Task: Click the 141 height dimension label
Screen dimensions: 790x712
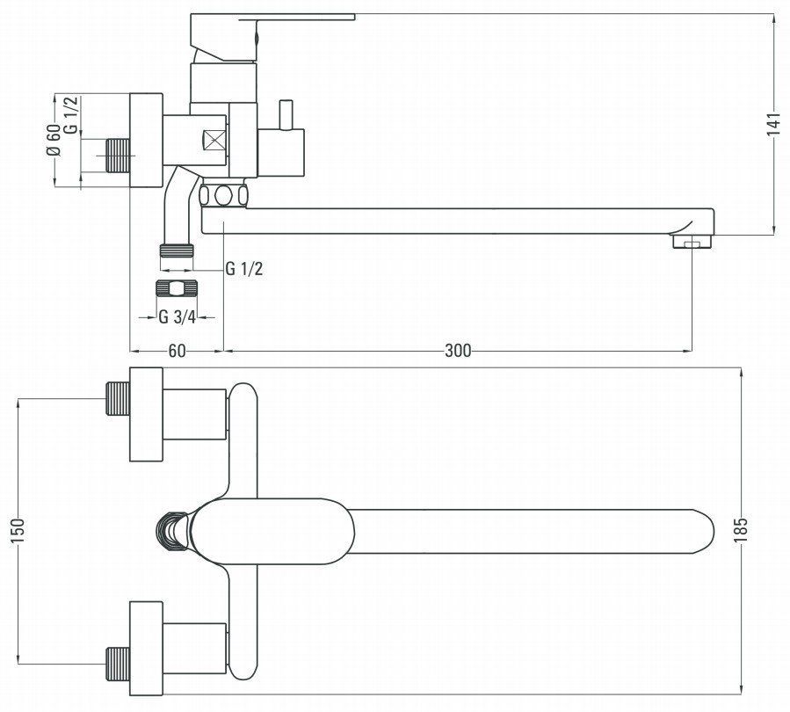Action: pyautogui.click(x=774, y=124)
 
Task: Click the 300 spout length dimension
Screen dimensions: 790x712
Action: pyautogui.click(x=458, y=350)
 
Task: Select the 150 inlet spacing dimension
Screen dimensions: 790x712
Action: pyautogui.click(x=18, y=531)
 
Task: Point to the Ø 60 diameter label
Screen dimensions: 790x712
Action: pyautogui.click(x=54, y=140)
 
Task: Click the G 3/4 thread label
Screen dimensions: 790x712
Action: pyautogui.click(x=177, y=317)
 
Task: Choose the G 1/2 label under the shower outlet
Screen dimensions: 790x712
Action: pyautogui.click(x=243, y=269)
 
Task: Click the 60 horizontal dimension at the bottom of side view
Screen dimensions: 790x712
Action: pyautogui.click(x=177, y=350)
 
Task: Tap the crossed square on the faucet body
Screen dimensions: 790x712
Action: pyautogui.click(x=214, y=140)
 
